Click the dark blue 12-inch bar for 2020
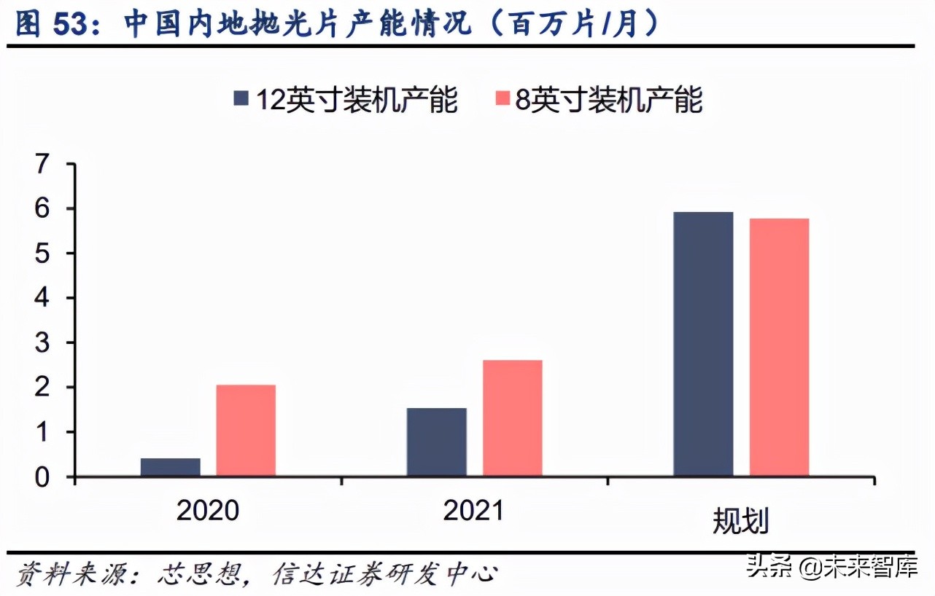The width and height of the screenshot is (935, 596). pyautogui.click(x=170, y=467)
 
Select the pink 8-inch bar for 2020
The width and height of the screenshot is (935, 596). pyautogui.click(x=246, y=431)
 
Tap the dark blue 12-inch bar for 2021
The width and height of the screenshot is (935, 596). pyautogui.click(x=436, y=442)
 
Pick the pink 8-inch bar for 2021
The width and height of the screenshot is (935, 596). pyautogui.click(x=512, y=418)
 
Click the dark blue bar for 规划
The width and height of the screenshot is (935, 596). pyautogui.click(x=703, y=345)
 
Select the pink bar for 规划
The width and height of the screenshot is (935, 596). pyautogui.click(x=779, y=348)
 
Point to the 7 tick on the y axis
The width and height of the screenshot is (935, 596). pyautogui.click(x=46, y=165)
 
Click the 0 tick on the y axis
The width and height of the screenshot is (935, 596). pyautogui.click(x=46, y=477)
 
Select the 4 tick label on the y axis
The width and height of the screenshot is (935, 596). pyautogui.click(x=46, y=298)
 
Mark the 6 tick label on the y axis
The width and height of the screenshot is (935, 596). pyautogui.click(x=46, y=209)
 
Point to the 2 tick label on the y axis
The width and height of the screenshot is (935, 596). pyautogui.click(x=46, y=388)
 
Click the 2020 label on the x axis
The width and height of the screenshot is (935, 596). pyautogui.click(x=208, y=511)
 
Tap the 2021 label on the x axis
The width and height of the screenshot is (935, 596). pyautogui.click(x=474, y=511)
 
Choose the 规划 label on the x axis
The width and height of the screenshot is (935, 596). pyautogui.click(x=740, y=521)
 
